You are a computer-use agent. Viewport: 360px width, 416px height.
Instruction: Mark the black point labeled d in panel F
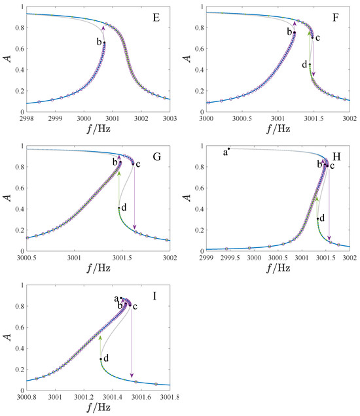coord(310,65)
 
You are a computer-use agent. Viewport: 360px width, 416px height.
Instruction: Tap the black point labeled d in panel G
coord(119,208)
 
